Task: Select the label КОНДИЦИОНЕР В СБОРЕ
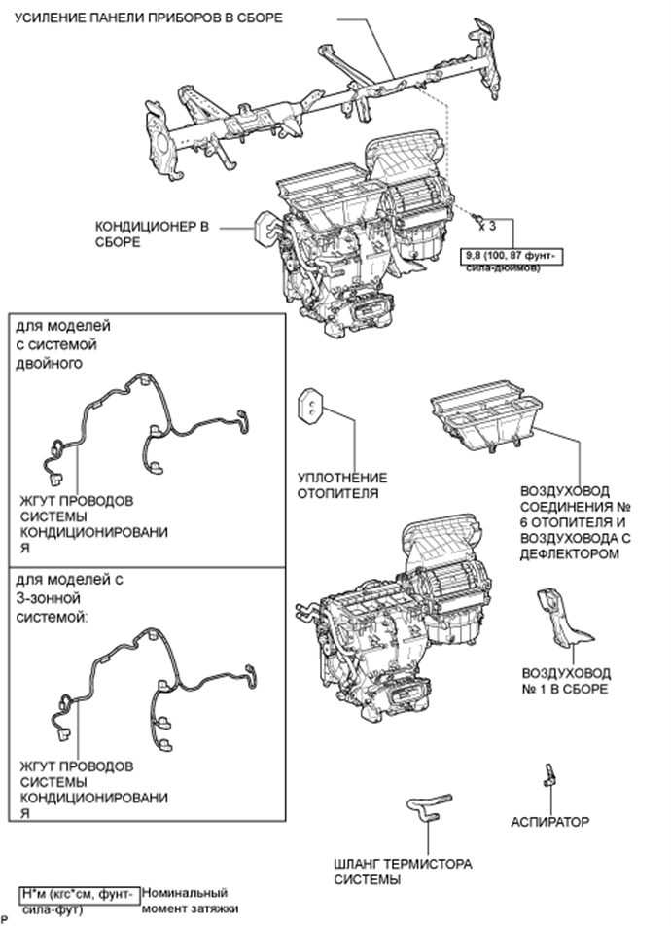pyautogui.click(x=152, y=233)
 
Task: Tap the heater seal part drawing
pyautogui.click(x=310, y=406)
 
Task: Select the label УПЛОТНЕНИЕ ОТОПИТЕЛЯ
pyautogui.click(x=342, y=485)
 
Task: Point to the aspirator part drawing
pyautogui.click(x=549, y=774)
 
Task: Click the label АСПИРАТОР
pyautogui.click(x=549, y=822)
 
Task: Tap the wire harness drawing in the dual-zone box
pyautogui.click(x=146, y=423)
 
